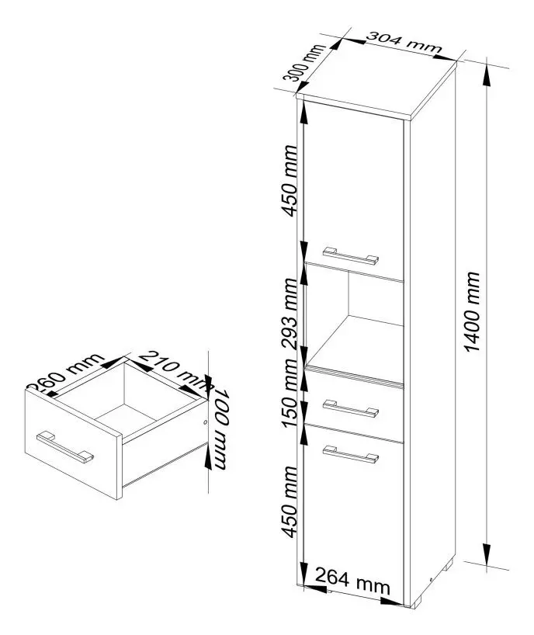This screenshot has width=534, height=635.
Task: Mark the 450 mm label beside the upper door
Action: coord(289,190)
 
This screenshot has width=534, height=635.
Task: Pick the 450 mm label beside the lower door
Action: coord(289,501)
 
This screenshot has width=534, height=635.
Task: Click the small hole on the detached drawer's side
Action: coord(203,423)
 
